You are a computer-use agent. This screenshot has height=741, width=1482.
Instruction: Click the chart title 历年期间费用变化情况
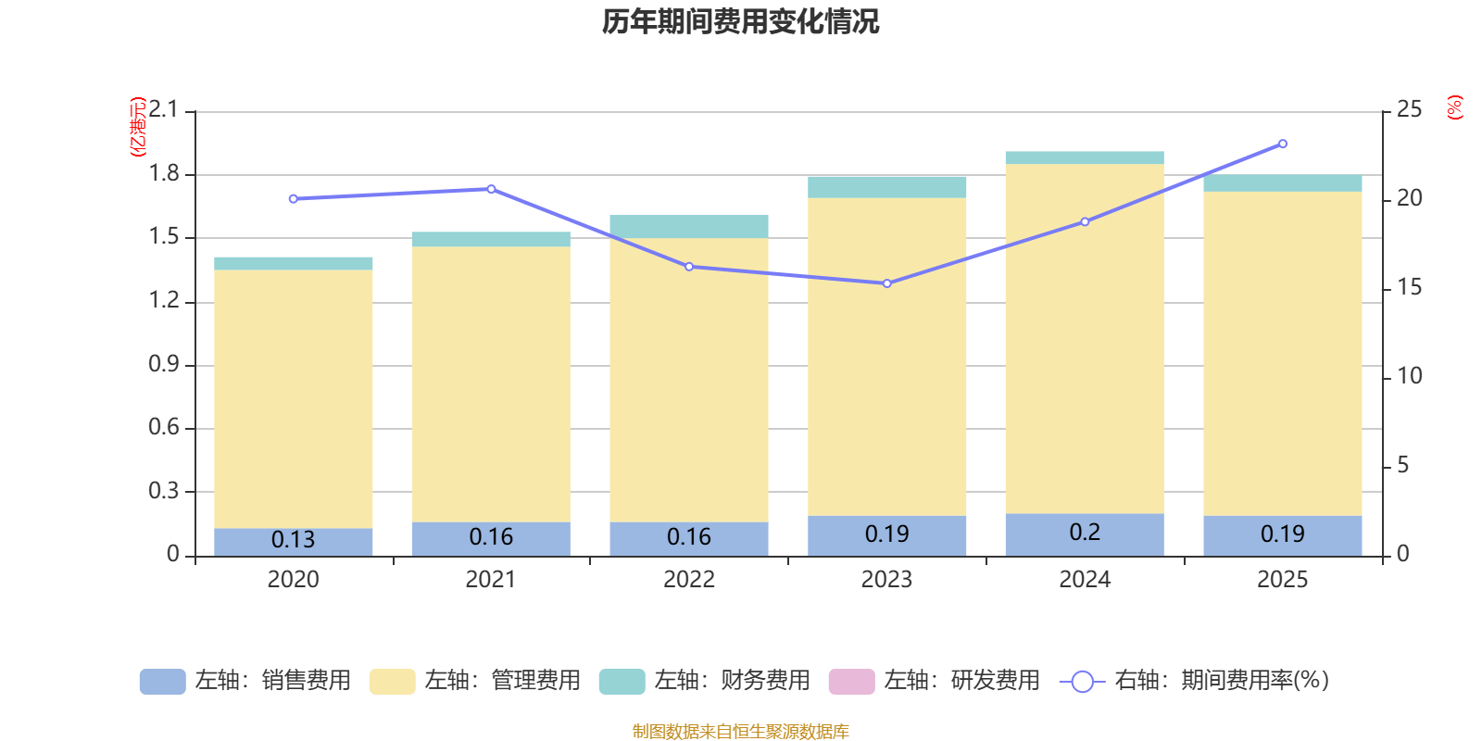[x=740, y=22]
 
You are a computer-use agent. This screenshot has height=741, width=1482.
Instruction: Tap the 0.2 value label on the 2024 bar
[x=1084, y=533]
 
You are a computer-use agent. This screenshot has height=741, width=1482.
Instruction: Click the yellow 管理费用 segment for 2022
[x=688, y=380]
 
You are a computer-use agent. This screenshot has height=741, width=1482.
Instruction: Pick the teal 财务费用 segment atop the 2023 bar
[x=886, y=187]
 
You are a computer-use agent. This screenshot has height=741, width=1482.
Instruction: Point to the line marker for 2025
[x=1282, y=144]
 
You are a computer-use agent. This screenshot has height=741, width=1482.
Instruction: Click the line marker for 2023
[x=886, y=283]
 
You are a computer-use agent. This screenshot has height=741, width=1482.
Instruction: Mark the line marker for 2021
[x=491, y=189]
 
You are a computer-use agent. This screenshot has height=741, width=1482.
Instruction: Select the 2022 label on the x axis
[x=688, y=580]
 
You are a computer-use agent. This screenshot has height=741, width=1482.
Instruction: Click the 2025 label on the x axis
[x=1282, y=580]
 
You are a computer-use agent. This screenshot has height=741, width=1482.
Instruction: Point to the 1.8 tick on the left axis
[x=164, y=174]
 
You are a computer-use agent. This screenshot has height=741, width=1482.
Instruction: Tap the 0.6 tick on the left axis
[x=164, y=427]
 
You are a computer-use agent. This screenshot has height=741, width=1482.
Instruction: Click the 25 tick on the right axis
[x=1409, y=110]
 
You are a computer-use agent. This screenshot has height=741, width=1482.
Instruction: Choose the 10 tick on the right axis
[x=1409, y=376]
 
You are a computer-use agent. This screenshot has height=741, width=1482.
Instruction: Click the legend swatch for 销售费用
[x=162, y=681]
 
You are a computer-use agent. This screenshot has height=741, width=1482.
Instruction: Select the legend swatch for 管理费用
[x=392, y=681]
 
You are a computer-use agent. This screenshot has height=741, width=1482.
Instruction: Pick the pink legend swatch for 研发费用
[x=851, y=681]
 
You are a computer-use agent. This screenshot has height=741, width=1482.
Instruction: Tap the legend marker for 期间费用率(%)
[x=1082, y=682]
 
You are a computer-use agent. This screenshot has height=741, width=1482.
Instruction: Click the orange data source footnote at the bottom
[x=740, y=732]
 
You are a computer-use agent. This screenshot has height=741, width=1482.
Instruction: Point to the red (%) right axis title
[x=1455, y=107]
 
